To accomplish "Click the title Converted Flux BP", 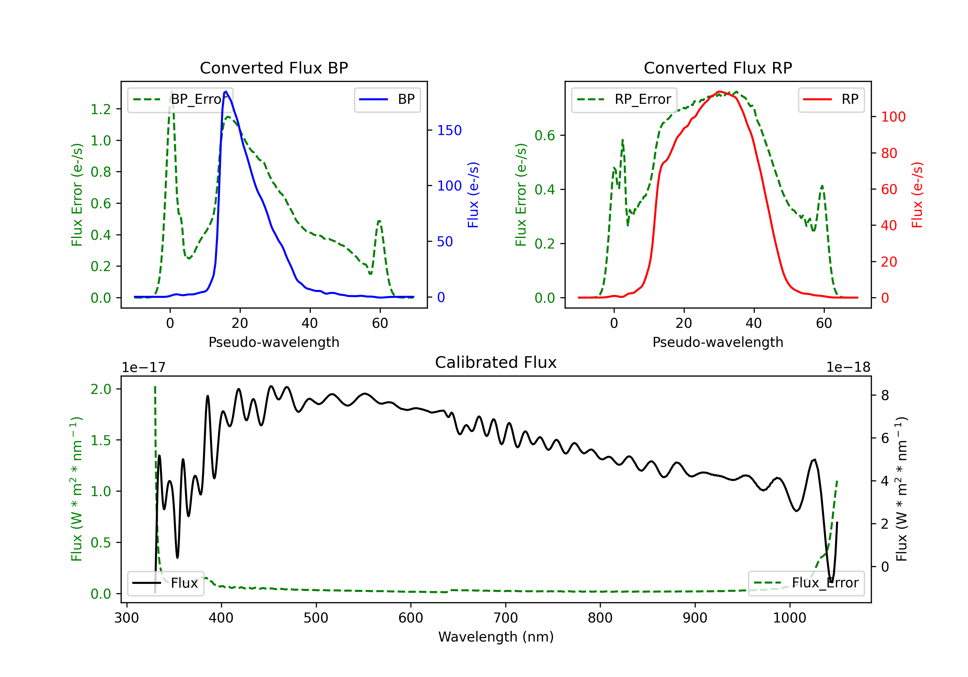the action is (x=274, y=68).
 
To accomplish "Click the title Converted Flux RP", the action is (x=718, y=68).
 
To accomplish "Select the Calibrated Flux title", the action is (x=496, y=362).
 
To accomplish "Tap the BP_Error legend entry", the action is (x=180, y=99).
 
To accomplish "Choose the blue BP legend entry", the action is (x=387, y=99).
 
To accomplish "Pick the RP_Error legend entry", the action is (x=624, y=99).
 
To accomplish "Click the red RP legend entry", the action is (x=831, y=99).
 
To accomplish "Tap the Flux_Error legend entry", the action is (x=806, y=583).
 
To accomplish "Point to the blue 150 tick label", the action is (x=449, y=130).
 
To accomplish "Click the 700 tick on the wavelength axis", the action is (x=506, y=618).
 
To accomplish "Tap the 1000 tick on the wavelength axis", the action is (x=790, y=618).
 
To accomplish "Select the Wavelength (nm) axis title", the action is (x=496, y=637).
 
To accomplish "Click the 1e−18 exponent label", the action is (x=848, y=368).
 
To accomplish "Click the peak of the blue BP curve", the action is (x=226, y=92).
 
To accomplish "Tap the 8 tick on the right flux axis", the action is (x=885, y=395).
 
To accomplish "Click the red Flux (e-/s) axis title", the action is (x=917, y=195).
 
